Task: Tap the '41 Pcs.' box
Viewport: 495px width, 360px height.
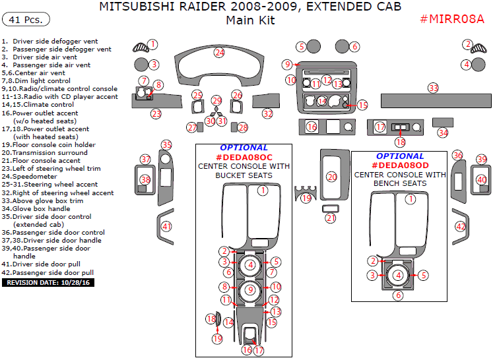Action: pos(27,20)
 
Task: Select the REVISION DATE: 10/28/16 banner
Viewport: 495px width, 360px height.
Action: pos(49,282)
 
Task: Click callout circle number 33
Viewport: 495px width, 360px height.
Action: pos(433,88)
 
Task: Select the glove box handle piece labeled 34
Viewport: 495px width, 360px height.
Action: pos(442,122)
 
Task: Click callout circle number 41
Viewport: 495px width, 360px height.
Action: pos(167,227)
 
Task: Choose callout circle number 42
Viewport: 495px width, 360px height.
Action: pos(461,227)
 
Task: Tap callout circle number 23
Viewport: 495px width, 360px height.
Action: pos(156,114)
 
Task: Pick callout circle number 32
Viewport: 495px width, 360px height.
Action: pos(267,114)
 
